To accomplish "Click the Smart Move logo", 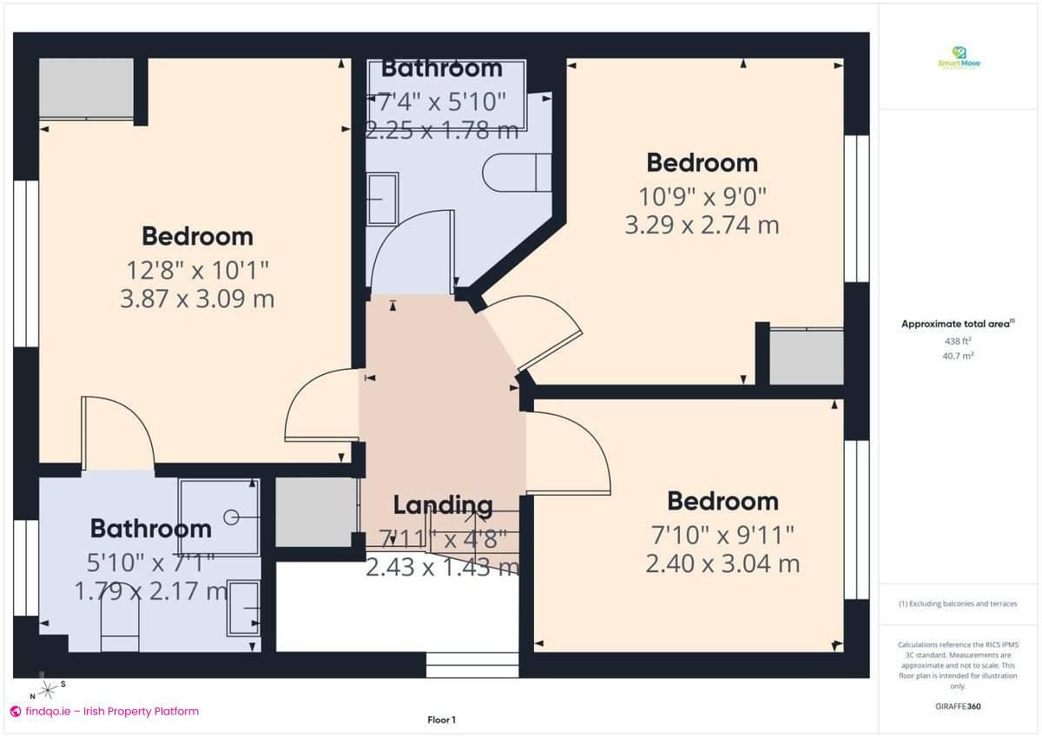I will coord(959,58).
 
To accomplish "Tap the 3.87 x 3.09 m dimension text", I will coord(197,299).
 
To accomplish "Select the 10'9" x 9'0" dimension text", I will coord(702,195).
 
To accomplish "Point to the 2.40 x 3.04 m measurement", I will coord(722,564).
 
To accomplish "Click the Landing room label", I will coord(443,505).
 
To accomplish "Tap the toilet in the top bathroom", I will coord(517,172).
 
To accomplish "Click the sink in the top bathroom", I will coord(382,199).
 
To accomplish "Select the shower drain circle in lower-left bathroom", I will coord(231,517).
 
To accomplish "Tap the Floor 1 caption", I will coord(441,720).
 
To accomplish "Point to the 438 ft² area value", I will coord(958,341).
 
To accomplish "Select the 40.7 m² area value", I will coord(958,355).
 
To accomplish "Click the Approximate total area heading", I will coord(957,324).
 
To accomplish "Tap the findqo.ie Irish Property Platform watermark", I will coord(104,711).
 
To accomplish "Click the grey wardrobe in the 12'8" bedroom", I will coord(86,88).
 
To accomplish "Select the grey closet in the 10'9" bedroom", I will coord(807,356).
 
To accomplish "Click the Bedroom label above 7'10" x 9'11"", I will coord(722,501).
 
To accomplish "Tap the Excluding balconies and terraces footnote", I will coord(958,603).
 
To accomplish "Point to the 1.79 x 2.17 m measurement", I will coord(151,592).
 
